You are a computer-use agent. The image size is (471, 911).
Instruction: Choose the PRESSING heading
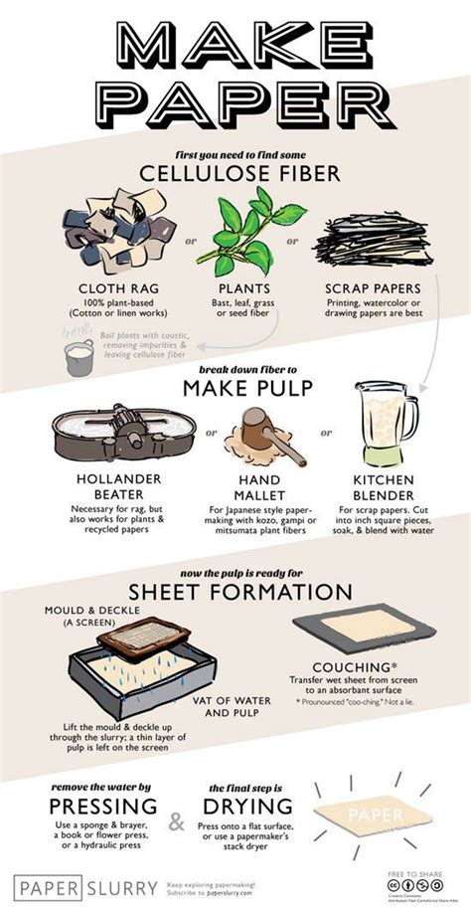(x=90, y=805)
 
